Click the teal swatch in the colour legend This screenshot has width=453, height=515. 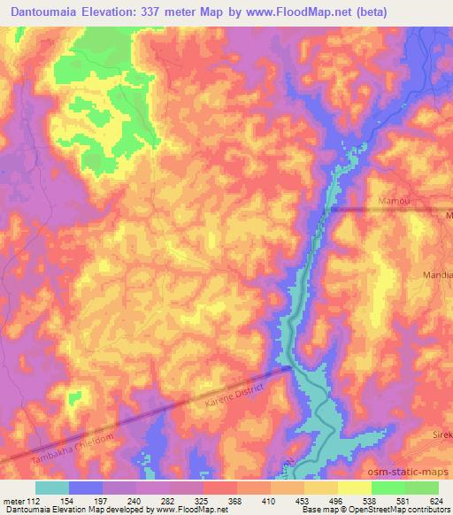click(51, 488)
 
